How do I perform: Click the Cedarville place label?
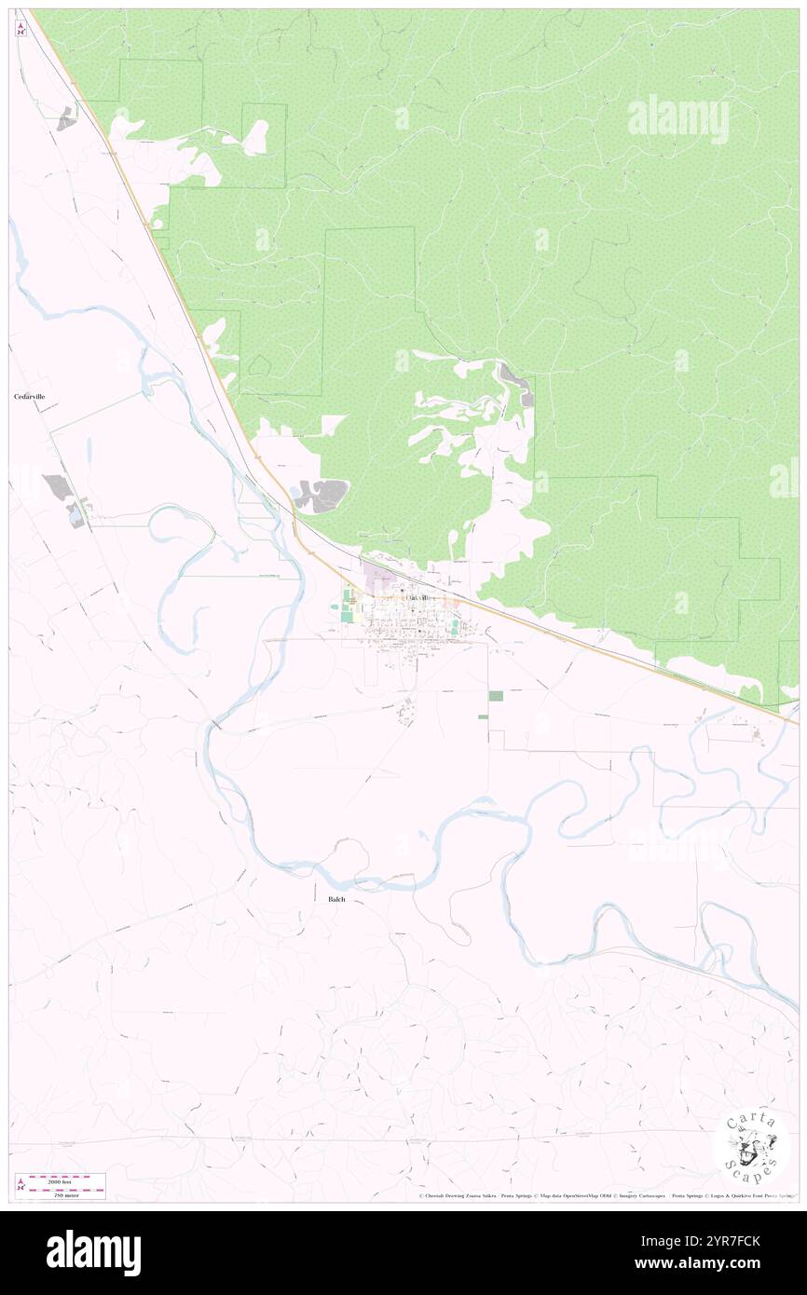click(x=30, y=397)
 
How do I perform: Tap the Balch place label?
click(x=336, y=899)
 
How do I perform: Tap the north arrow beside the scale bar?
click(x=21, y=1185)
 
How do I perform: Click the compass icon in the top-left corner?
click(x=21, y=28)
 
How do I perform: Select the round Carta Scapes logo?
click(x=751, y=1145)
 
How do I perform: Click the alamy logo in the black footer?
click(x=93, y=1252)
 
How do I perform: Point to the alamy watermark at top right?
click(x=677, y=119)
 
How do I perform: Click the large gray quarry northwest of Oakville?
click(x=322, y=495)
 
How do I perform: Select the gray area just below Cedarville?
click(x=58, y=486)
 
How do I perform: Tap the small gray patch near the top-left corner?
click(x=66, y=118)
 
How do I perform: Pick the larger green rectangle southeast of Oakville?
click(x=496, y=696)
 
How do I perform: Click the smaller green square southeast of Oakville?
click(x=482, y=716)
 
